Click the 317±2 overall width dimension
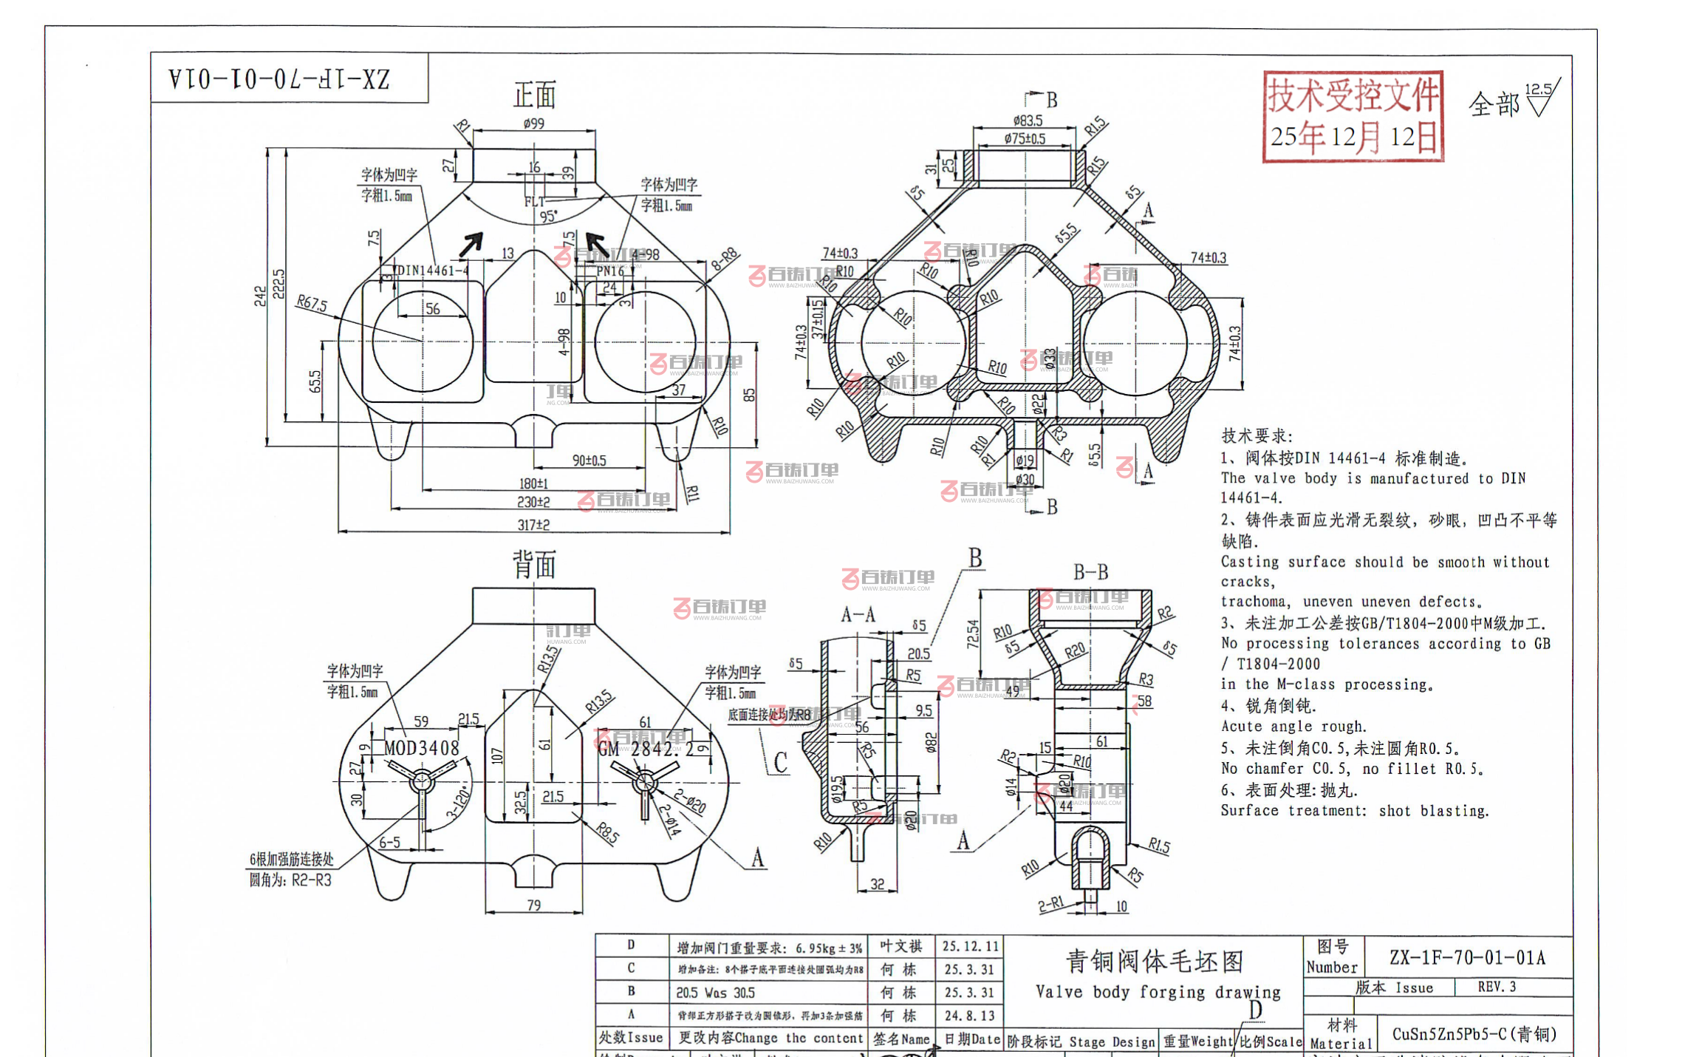(x=533, y=525)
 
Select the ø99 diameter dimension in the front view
(x=533, y=123)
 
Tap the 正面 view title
(x=534, y=95)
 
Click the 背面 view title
(x=534, y=565)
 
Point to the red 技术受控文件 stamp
(x=1353, y=116)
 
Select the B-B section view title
(x=1090, y=572)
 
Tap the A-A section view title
(x=858, y=614)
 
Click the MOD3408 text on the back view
(x=421, y=748)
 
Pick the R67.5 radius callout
(x=311, y=303)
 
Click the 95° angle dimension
(x=548, y=217)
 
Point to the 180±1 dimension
(x=533, y=483)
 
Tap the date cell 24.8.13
(x=969, y=1016)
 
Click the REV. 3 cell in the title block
(x=1497, y=987)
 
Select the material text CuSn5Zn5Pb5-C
(x=1474, y=1034)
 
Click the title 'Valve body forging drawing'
(x=1158, y=992)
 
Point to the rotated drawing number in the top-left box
(x=279, y=78)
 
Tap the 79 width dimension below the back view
(x=533, y=905)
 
